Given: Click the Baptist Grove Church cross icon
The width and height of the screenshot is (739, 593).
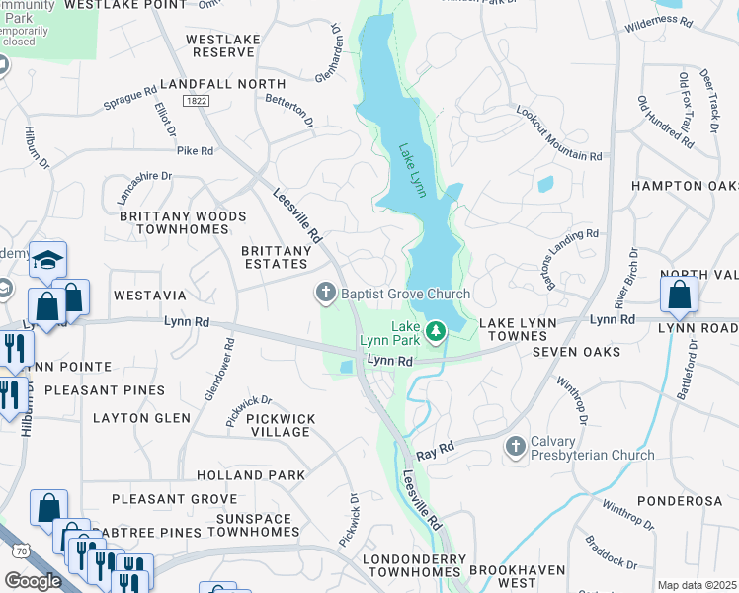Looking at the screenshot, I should point(325,293).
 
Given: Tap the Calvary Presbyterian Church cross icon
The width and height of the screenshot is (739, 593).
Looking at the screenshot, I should point(515,447).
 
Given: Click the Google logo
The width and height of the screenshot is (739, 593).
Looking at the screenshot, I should point(33,581).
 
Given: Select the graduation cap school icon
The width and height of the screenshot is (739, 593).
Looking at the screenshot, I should point(47,261).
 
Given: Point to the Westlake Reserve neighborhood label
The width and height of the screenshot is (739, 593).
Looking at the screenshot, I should point(223,45).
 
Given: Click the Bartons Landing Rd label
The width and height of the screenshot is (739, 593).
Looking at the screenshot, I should point(564,247).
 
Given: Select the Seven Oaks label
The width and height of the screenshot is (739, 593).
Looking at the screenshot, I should point(576,352).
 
